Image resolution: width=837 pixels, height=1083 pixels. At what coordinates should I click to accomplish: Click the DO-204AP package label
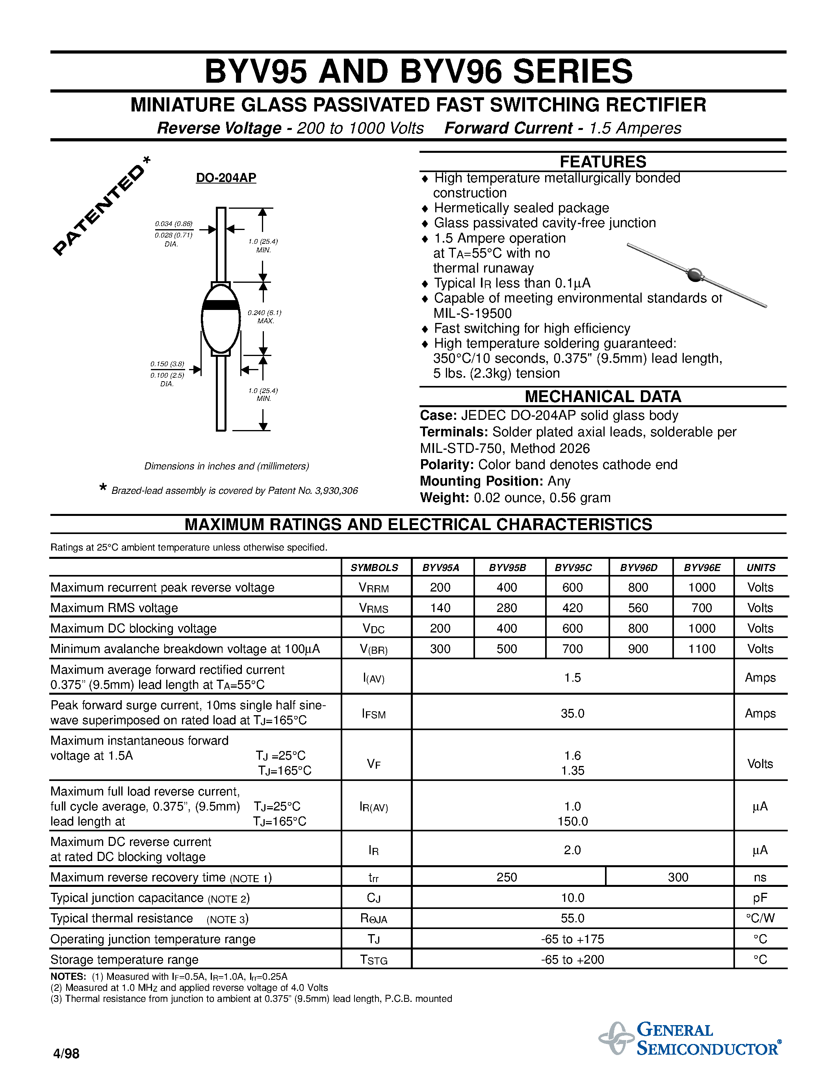(226, 178)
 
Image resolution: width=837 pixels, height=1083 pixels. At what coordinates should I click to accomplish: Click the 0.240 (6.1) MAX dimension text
(265, 316)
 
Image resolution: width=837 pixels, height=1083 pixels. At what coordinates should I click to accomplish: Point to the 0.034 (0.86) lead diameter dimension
(174, 224)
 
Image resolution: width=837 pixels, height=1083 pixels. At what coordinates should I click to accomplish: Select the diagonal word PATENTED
(99, 208)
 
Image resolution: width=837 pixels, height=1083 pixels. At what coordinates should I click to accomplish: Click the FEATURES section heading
(603, 161)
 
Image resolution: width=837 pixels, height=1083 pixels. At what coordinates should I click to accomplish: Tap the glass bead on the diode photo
(695, 274)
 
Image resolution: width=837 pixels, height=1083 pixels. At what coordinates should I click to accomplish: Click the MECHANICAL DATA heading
(603, 397)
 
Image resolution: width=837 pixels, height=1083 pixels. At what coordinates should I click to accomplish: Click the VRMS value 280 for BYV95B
(507, 608)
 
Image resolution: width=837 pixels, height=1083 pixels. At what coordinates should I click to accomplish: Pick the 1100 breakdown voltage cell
(702, 649)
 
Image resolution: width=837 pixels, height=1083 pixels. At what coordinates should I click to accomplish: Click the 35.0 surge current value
(572, 714)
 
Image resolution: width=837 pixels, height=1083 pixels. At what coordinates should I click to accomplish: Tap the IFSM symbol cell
(374, 714)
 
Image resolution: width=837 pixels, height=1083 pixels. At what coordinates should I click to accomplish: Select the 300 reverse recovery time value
(678, 877)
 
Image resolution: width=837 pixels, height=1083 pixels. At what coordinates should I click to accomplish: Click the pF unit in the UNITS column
(760, 898)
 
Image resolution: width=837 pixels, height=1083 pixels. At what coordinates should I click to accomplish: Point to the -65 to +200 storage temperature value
(572, 959)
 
